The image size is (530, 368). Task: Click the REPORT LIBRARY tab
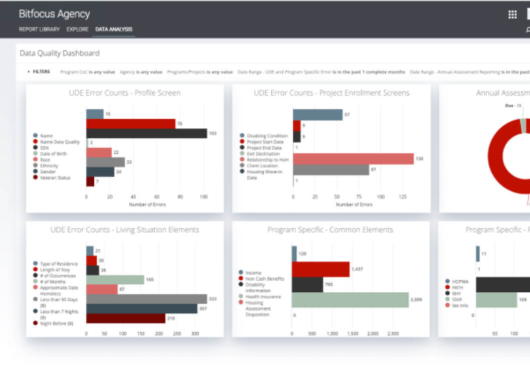[x=39, y=30]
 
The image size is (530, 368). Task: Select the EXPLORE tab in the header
[x=77, y=30]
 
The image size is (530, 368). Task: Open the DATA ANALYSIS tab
[x=114, y=30]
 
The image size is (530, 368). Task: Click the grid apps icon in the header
[x=512, y=15]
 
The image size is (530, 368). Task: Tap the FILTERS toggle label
[x=41, y=72]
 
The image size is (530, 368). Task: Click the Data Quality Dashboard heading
[x=60, y=53]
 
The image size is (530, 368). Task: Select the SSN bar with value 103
[x=146, y=133]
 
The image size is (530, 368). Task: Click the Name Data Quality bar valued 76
[x=131, y=124]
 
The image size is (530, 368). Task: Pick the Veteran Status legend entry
[x=55, y=178]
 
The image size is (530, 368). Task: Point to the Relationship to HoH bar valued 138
[x=353, y=159]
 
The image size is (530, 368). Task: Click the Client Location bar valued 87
[x=331, y=170]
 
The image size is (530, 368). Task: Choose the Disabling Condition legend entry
[x=267, y=136]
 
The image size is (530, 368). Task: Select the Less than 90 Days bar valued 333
[x=146, y=299]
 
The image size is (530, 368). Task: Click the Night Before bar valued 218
[x=125, y=318]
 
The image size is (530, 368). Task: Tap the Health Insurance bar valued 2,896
[x=350, y=300]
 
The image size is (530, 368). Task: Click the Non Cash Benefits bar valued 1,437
[x=320, y=269]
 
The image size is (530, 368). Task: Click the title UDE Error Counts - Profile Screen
[x=125, y=93]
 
